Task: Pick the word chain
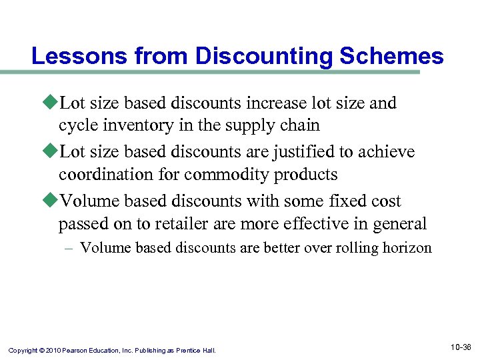click(x=301, y=125)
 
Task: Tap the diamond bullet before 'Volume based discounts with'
click(x=51, y=201)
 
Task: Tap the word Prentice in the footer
click(x=189, y=350)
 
